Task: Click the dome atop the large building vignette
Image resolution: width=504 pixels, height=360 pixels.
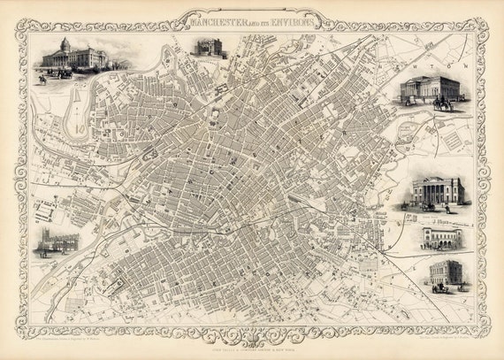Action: pos(65,43)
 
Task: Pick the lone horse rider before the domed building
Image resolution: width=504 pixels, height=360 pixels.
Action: pos(42,79)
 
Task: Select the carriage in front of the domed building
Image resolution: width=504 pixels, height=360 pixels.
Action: pos(64,74)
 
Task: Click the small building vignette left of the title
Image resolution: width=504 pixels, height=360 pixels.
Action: pos(209,47)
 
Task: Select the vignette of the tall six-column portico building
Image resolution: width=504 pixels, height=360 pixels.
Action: pos(439,190)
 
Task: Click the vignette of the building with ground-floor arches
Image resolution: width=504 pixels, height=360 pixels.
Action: pos(441,237)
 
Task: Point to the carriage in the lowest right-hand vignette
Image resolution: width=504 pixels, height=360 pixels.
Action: pos(439,287)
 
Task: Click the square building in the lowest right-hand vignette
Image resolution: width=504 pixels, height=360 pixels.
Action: pos(447,271)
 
